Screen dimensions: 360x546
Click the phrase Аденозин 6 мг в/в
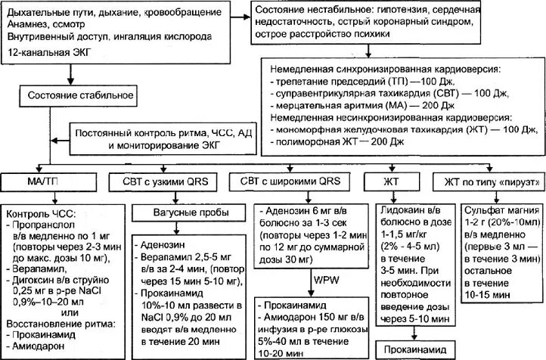[x=301, y=209]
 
